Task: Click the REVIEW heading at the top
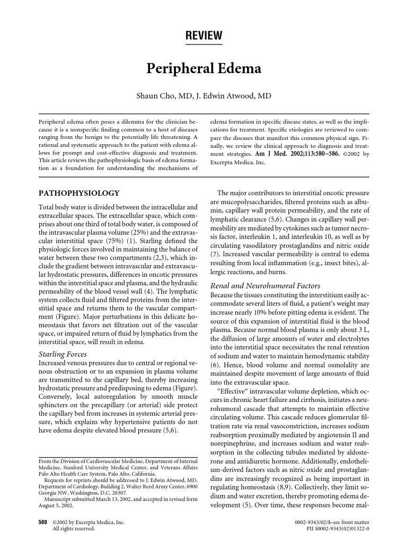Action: (203, 36)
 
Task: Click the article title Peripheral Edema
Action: (203, 69)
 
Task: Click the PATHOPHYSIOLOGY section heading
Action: (79, 193)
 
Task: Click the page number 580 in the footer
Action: (44, 522)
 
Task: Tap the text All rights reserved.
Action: (73, 529)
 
